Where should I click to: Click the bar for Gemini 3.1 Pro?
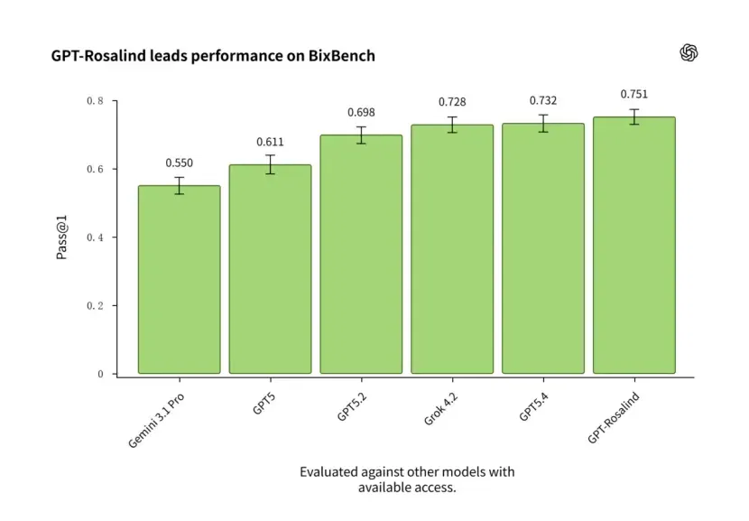(x=180, y=280)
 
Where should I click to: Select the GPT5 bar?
(x=271, y=269)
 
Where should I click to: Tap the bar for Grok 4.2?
(x=452, y=249)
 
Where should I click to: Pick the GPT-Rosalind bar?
(x=634, y=246)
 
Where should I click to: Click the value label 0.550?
(x=180, y=163)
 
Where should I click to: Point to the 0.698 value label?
(x=361, y=112)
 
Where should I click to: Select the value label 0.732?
(x=543, y=100)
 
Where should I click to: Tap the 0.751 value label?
(x=634, y=94)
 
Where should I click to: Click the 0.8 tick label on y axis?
(x=95, y=101)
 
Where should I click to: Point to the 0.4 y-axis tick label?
(x=95, y=237)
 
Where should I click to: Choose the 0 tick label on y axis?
(x=100, y=374)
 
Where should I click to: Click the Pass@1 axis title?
(x=62, y=237)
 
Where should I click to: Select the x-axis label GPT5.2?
(x=352, y=407)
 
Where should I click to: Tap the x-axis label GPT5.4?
(x=534, y=407)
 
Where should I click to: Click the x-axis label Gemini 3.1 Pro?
(x=156, y=421)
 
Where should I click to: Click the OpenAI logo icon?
(x=689, y=52)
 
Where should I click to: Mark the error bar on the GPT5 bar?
(x=271, y=164)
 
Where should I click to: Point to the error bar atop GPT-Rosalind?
(x=634, y=117)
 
